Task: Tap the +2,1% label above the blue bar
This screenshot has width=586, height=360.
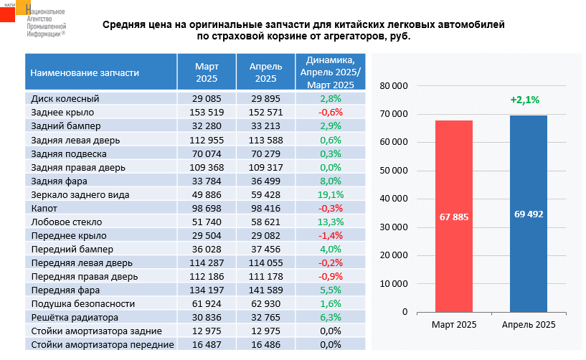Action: tap(524, 100)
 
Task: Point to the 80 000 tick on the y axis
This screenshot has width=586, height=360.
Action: tap(394, 85)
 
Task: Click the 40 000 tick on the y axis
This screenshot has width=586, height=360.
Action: tap(394, 199)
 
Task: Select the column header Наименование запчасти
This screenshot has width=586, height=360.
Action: tap(85, 72)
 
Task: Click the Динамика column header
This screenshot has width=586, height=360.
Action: tap(331, 72)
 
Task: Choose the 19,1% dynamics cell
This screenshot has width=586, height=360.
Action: tap(331, 194)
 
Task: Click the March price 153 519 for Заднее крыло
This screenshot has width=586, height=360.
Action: tap(208, 113)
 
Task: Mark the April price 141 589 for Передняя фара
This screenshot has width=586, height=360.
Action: tap(265, 290)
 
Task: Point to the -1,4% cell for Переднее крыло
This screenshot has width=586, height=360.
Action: tap(331, 235)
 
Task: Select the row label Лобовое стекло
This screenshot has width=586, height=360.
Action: tap(67, 222)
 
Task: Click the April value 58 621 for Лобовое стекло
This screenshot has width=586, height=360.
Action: tap(265, 222)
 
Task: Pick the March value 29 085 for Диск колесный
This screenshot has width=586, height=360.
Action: tap(208, 99)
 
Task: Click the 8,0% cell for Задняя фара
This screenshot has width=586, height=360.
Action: tap(331, 181)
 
